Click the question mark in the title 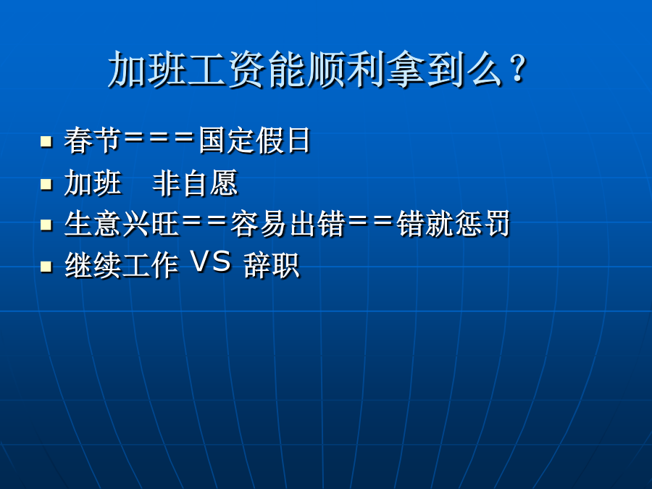[x=519, y=69]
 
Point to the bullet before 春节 [x=46, y=141]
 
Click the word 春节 [x=92, y=140]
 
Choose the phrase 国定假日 [x=254, y=140]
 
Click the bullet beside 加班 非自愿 [x=46, y=184]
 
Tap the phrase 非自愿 [x=195, y=183]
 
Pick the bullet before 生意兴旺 [x=46, y=225]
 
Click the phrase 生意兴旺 [x=122, y=224]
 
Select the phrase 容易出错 [x=288, y=224]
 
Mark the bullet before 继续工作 [x=46, y=266]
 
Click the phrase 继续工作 [x=122, y=265]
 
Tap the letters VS [x=211, y=262]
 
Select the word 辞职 [x=272, y=265]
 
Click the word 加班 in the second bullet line [x=92, y=183]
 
